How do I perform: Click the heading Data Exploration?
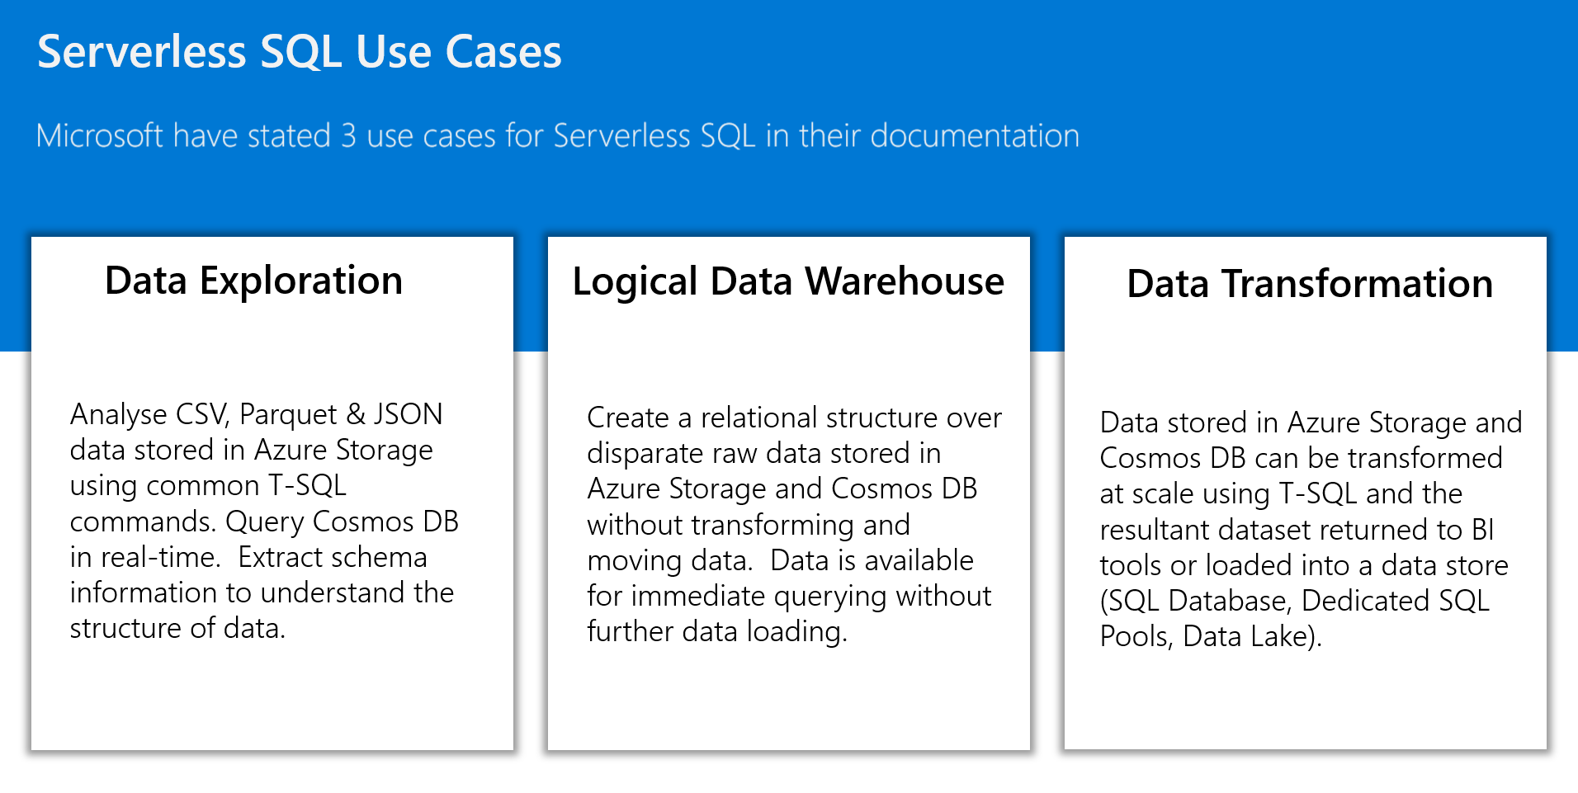tap(254, 281)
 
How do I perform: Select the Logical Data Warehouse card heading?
tap(788, 282)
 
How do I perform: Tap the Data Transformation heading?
tap(1310, 283)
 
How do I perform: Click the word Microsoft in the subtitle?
tap(100, 135)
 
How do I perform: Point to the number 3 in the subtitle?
tap(349, 136)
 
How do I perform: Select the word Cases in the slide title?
tap(503, 52)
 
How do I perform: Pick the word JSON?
tap(408, 413)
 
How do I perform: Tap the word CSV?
tap(202, 413)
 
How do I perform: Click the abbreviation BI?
tap(1483, 530)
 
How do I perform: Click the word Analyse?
tap(119, 414)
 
